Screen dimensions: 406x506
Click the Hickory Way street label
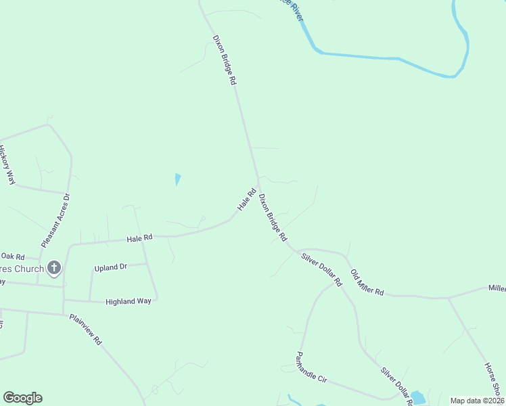click(7, 165)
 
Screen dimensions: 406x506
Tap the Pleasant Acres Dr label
click(55, 221)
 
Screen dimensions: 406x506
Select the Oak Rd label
click(13, 256)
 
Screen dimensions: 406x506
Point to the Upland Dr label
click(111, 267)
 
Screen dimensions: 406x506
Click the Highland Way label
click(129, 301)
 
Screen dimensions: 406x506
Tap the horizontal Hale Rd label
click(140, 238)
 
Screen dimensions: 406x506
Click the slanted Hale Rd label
click(246, 199)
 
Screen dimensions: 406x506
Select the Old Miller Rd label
click(367, 283)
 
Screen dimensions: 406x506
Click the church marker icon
click(53, 269)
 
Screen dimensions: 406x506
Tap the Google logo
click(22, 398)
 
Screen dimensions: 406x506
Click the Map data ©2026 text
click(477, 401)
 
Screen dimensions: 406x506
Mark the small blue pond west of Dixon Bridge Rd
click(177, 179)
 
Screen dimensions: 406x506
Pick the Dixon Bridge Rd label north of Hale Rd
click(224, 60)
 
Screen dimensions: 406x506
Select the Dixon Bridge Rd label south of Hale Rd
click(273, 219)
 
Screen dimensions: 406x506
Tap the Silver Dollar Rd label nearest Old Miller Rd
click(322, 269)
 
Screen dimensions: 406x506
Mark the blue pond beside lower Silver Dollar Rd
click(417, 397)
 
